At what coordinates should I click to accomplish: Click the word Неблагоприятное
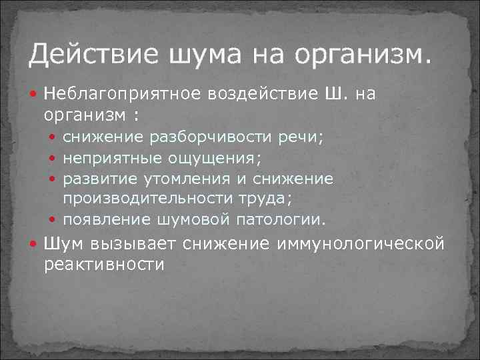[124, 95]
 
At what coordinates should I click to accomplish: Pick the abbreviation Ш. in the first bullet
[335, 95]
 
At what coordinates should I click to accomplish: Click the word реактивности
[104, 264]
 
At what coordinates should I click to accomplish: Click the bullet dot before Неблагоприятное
[35, 95]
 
